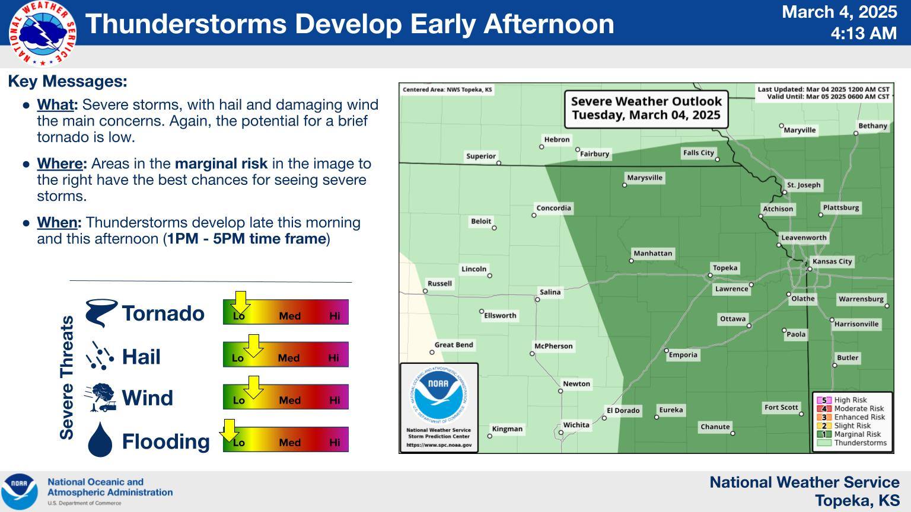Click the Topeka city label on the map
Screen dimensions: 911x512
[725, 268]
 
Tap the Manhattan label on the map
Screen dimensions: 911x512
[653, 253]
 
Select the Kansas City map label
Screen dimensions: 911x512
[832, 261]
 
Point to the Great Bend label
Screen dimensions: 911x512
[454, 344]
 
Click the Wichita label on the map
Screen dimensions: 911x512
[576, 425]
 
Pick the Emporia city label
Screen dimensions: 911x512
[683, 355]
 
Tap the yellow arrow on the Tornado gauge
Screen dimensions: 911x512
[240, 302]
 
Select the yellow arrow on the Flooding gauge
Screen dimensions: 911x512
[229, 430]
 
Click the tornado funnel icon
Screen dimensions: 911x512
[101, 312]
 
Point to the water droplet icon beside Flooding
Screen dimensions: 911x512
[100, 439]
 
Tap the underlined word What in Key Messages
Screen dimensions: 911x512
[55, 105]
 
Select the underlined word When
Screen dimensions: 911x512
[57, 223]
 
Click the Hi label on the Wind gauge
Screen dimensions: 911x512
[335, 400]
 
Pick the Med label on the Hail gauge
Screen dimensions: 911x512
[289, 358]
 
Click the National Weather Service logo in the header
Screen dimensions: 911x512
[42, 33]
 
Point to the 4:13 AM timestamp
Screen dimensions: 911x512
[864, 33]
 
